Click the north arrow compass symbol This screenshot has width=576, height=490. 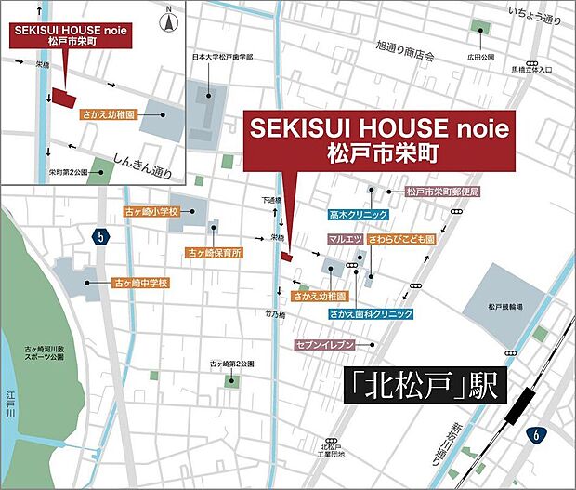click(x=167, y=18)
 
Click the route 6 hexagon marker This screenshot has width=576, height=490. click(x=535, y=434)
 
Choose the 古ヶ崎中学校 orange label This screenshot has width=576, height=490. click(x=140, y=281)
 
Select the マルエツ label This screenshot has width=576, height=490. click(x=345, y=239)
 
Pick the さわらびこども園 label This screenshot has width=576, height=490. click(x=401, y=239)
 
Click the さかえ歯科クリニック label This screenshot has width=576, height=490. click(x=370, y=314)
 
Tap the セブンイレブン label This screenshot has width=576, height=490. click(x=326, y=344)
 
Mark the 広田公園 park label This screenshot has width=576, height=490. click(x=479, y=57)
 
